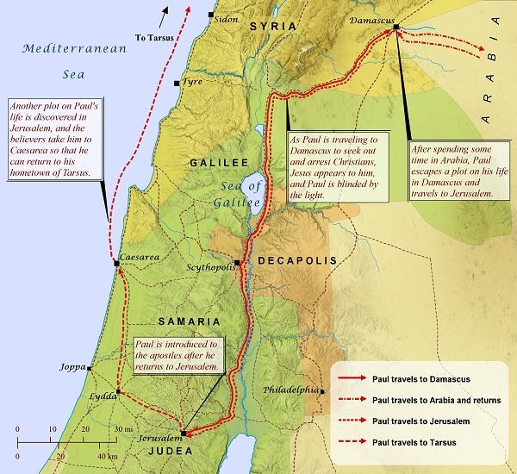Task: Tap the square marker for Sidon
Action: click(x=211, y=16)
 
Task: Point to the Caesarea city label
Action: click(x=140, y=257)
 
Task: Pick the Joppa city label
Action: click(x=72, y=367)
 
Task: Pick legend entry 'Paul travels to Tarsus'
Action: click(x=413, y=443)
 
